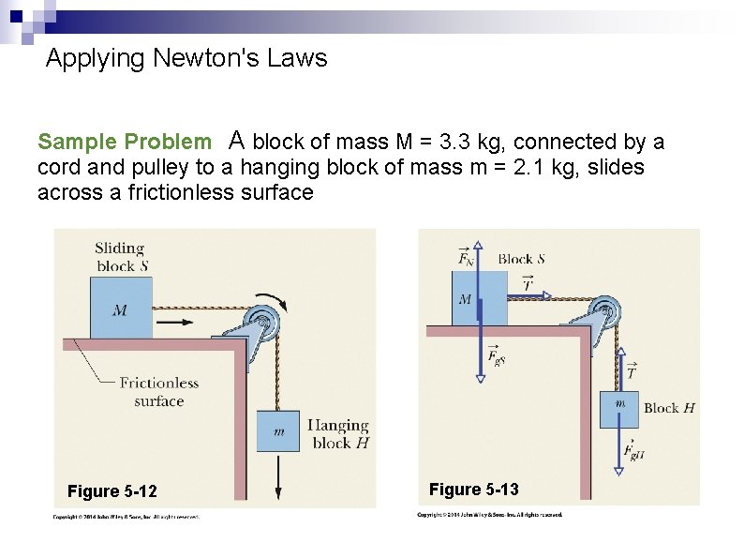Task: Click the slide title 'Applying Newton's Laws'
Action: (x=186, y=59)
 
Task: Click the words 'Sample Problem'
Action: (x=124, y=143)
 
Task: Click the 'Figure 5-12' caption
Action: (x=112, y=491)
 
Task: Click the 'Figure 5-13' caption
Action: (x=473, y=489)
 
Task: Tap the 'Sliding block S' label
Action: (x=121, y=256)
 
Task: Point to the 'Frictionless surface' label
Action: (x=158, y=391)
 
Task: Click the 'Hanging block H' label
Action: (x=337, y=434)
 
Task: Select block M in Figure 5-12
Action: (x=120, y=308)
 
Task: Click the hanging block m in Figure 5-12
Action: (x=278, y=430)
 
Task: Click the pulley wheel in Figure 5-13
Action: (x=605, y=310)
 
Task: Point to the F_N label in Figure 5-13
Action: (x=466, y=255)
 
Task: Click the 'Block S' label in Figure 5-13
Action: (x=521, y=259)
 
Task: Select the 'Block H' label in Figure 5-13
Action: (x=668, y=408)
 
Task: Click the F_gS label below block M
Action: (x=497, y=356)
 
